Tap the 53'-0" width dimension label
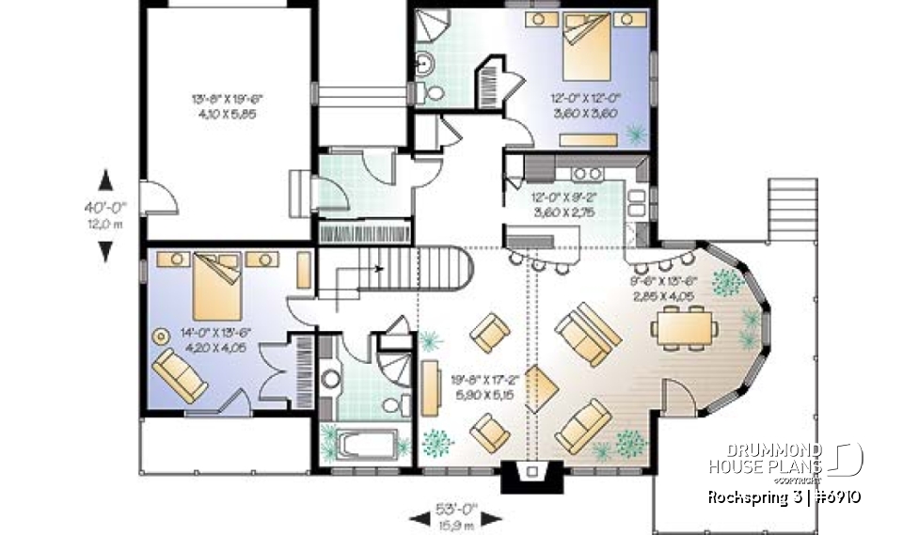point(458,511)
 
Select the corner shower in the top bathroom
point(432,25)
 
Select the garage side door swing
point(161,198)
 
